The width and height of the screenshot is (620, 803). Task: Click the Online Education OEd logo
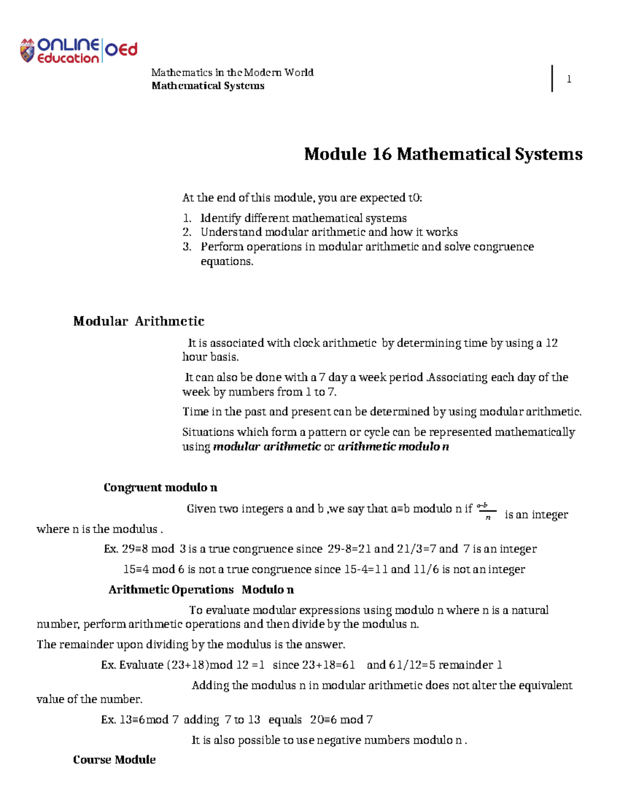pos(79,51)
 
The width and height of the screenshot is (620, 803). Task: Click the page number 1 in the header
pos(569,79)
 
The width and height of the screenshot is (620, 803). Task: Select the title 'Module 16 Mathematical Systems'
pos(443,154)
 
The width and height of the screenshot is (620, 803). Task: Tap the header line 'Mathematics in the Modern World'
pos(232,72)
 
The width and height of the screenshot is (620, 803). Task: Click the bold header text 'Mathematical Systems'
pos(208,86)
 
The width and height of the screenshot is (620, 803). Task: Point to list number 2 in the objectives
pos(187,232)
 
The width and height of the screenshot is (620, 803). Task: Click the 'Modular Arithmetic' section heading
pos(138,321)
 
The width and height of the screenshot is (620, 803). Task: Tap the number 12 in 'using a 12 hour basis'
pos(551,343)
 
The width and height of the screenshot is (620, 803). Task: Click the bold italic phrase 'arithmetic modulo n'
pos(393,447)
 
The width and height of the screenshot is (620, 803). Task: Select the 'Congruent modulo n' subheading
pos(160,488)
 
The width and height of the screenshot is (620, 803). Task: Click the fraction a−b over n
pos(486,511)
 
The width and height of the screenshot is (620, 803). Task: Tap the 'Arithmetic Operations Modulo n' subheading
pos(201,590)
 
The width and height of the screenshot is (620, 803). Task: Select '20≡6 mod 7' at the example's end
pos(341,720)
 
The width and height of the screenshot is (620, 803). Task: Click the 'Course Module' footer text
pos(114,760)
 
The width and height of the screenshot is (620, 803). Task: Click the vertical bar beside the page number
pos(552,79)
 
